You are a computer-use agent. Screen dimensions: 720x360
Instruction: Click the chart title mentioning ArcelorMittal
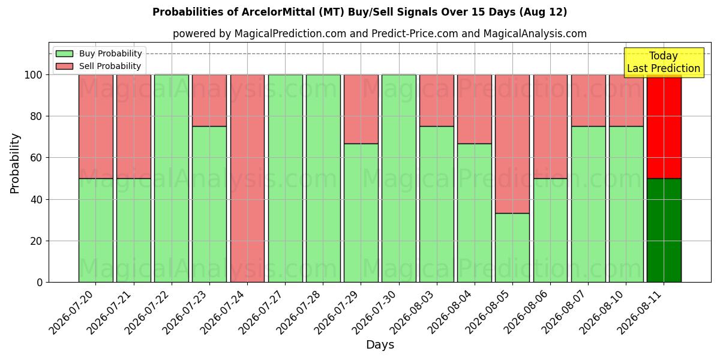[x=359, y=12]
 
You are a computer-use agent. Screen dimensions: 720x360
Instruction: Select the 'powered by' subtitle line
[x=380, y=34]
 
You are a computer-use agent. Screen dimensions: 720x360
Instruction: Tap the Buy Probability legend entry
[x=98, y=53]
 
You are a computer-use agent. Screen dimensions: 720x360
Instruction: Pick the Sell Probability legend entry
[x=98, y=66]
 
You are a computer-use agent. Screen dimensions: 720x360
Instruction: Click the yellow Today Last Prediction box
[x=664, y=62]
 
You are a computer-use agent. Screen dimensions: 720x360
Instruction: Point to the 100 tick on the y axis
[x=34, y=75]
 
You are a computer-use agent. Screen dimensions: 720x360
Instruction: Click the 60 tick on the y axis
[x=37, y=158]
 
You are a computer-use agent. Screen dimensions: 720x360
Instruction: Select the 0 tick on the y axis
[x=40, y=283]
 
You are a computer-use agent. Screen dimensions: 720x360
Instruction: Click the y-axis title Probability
[x=15, y=163]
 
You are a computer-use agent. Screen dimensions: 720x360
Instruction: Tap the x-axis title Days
[x=380, y=344]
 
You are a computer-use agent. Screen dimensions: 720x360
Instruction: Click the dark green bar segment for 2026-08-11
[x=664, y=230]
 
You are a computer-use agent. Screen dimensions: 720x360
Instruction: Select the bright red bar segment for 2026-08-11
[x=664, y=127]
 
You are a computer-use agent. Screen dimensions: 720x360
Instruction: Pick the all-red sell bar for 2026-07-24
[x=247, y=178]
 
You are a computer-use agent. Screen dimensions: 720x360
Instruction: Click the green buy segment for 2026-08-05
[x=512, y=248]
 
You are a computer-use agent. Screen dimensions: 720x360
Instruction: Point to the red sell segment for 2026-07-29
[x=361, y=109]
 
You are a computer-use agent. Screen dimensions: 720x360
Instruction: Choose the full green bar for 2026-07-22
[x=172, y=178]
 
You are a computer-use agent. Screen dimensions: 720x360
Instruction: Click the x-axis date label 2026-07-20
[x=73, y=313]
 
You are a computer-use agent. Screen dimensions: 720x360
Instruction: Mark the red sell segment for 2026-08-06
[x=550, y=127]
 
